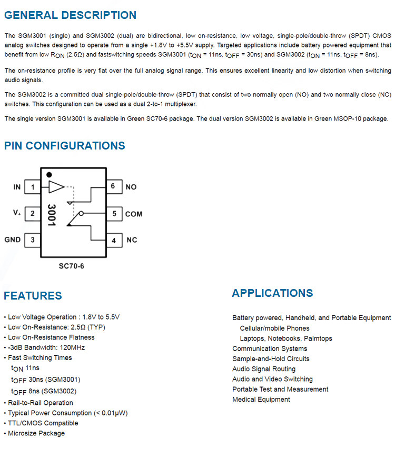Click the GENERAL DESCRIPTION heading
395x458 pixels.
coord(70,15)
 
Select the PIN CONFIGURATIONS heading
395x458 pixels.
coord(64,146)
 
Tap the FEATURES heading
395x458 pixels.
coord(33,296)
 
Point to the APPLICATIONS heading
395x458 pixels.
coord(272,293)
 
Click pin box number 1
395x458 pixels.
coord(33,187)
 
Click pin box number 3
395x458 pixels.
coord(33,240)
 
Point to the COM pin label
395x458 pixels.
coord(134,214)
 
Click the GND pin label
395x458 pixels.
coord(13,240)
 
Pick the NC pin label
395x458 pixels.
coord(132,240)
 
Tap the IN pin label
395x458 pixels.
coord(17,187)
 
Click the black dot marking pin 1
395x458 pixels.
coord(49,175)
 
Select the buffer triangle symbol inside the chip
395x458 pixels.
coord(55,186)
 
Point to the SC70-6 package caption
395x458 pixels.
coord(71,266)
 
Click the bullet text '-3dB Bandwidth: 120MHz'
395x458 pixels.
coord(46,347)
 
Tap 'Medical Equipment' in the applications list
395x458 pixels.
coord(261,400)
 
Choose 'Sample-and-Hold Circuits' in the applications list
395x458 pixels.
coord(271,359)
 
